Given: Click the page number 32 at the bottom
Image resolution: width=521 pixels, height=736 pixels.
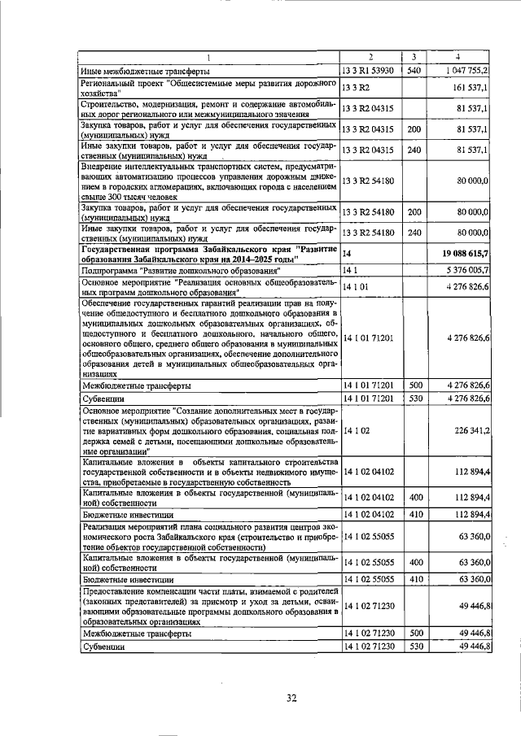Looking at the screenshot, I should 291,697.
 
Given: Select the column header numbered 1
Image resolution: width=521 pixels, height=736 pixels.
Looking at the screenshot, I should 208,57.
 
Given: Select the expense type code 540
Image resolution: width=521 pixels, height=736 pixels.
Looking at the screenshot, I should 414,71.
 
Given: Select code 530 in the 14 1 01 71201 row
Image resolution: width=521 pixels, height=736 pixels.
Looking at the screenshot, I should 414,399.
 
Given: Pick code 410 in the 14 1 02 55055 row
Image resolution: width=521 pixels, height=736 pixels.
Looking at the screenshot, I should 414,578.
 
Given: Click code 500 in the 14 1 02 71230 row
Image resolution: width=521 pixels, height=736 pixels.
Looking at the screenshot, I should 414,632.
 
